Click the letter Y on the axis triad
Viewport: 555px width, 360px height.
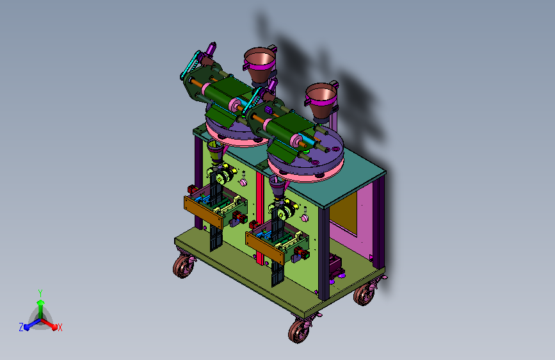[40, 293]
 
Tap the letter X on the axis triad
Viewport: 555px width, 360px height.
[60, 328]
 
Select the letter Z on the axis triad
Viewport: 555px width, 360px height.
[21, 327]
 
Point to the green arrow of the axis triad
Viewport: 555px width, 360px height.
[41, 309]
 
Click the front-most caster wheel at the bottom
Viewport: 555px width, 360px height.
[299, 331]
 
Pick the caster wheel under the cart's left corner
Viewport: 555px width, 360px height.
[183, 266]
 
